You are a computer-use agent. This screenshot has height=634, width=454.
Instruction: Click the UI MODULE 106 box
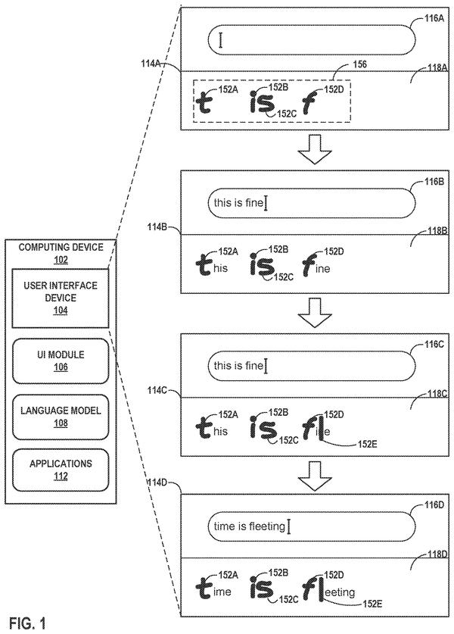click(61, 361)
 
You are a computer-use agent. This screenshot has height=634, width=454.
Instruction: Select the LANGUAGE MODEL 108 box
click(61, 417)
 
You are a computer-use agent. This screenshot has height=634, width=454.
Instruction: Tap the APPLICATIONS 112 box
click(61, 470)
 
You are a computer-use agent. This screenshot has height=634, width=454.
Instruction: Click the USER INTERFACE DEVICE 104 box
click(61, 298)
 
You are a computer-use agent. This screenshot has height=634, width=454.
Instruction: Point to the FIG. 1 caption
click(27, 623)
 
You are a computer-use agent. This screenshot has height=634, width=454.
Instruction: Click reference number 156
click(359, 64)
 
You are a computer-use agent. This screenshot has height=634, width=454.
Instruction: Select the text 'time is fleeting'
click(249, 526)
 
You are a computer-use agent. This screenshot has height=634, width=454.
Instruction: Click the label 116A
click(434, 18)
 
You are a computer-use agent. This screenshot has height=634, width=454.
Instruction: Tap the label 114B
click(157, 226)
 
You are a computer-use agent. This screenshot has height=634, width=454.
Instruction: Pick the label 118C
click(437, 393)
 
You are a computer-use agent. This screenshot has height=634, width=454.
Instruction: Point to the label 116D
click(434, 505)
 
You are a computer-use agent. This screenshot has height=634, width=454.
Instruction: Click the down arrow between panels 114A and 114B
click(315, 149)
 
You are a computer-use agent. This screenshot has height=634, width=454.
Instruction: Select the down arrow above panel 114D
click(315, 476)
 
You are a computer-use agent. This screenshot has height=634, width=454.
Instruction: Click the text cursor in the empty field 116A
click(220, 40)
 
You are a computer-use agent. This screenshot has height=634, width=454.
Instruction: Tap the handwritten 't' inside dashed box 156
click(205, 102)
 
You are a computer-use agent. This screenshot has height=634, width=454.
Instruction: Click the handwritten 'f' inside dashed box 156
click(309, 103)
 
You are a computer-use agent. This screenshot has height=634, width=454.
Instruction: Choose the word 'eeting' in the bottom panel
click(339, 593)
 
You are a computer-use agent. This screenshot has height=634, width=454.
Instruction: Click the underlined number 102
click(61, 260)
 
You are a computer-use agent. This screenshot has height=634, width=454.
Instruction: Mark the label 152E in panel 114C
click(368, 445)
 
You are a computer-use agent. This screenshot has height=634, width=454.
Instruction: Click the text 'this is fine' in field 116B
click(238, 202)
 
